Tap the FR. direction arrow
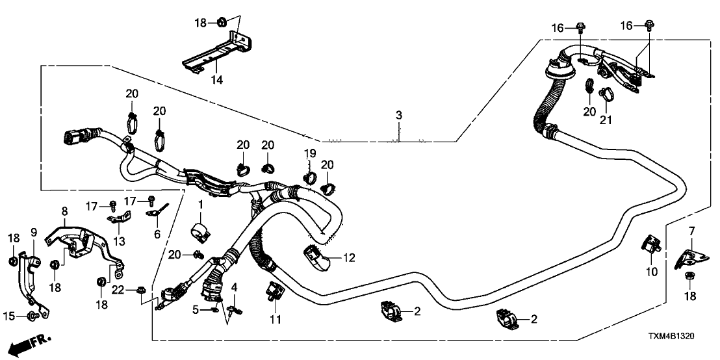(32, 340)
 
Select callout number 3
(399, 116)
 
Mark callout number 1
(201, 205)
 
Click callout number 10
(650, 271)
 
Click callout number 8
(64, 211)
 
